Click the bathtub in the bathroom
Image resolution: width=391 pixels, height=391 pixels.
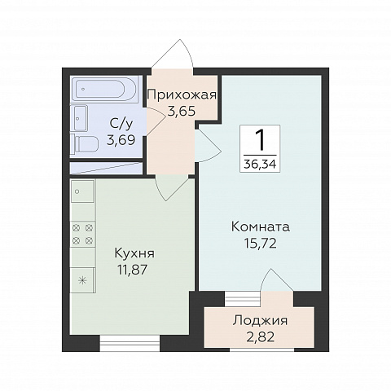pyautogui.click(x=105, y=89)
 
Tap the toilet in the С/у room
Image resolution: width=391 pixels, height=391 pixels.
pyautogui.click(x=85, y=143)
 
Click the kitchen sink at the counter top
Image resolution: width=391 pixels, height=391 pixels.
pyautogui.click(x=83, y=191)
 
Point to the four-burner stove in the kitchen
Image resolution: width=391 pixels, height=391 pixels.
pyautogui.click(x=83, y=234)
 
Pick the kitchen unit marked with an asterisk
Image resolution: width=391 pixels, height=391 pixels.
pyautogui.click(x=82, y=280)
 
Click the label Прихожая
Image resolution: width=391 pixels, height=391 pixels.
pyautogui.click(x=182, y=95)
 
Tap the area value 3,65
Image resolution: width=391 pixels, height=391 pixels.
pyautogui.click(x=182, y=112)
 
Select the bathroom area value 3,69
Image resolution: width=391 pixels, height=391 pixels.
pyautogui.click(x=121, y=140)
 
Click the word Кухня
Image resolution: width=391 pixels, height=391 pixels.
pyautogui.click(x=134, y=253)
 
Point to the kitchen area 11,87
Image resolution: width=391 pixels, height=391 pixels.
pyautogui.click(x=132, y=270)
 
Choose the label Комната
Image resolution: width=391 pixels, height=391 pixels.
pyautogui.click(x=261, y=226)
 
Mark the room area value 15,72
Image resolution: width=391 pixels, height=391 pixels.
pyautogui.click(x=260, y=243)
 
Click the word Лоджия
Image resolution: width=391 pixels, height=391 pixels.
pyautogui.click(x=260, y=321)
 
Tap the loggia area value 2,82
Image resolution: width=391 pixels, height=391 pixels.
pyautogui.click(x=261, y=337)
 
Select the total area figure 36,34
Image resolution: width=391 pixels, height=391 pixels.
pyautogui.click(x=260, y=164)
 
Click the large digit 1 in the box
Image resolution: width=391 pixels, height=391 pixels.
pyautogui.click(x=260, y=140)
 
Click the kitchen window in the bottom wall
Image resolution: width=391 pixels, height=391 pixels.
pyautogui.click(x=130, y=343)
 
